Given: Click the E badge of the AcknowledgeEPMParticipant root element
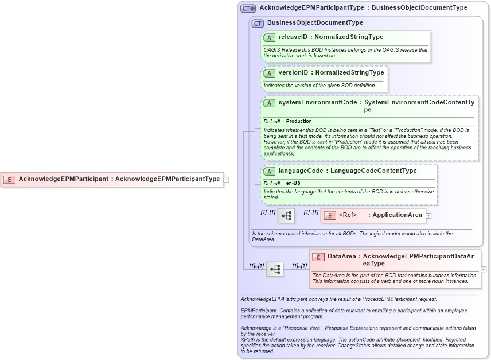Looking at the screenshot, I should coord(9,179).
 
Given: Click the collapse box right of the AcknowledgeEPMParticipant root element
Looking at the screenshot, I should coord(227,179).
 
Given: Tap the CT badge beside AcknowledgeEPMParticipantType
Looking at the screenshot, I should coord(248,8).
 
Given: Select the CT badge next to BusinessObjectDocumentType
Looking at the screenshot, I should coord(258,23).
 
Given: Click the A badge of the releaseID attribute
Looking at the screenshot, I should coord(269,37).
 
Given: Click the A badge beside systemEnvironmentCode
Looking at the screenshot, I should coord(269,103).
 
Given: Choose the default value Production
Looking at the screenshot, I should coord(299,121).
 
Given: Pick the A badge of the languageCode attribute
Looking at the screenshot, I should coord(269,171).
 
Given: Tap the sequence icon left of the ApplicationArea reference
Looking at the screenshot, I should coord(286,216).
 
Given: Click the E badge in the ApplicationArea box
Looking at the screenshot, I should coord(330,215).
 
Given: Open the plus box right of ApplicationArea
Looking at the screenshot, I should coord(428,216).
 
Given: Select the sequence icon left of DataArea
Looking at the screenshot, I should coord(274,269).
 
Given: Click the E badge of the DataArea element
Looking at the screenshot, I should coord(318,257).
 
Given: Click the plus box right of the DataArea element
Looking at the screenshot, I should coord(484,269).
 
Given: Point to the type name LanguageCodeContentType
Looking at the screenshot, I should coord(373,171).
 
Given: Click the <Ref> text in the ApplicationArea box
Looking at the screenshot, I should coord(348,215).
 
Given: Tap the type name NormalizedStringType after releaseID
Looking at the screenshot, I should coord(349,37).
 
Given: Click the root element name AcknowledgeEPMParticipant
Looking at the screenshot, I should coord(63,179).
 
